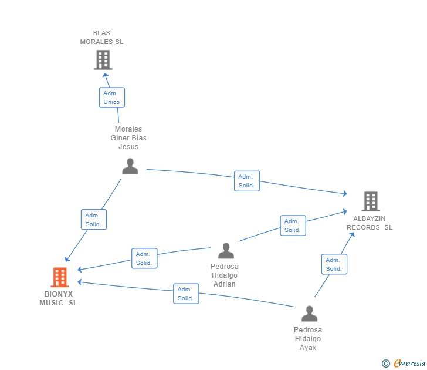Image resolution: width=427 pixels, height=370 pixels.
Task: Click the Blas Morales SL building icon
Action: coord(103,59)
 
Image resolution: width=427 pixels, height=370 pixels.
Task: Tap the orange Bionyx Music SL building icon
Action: coord(60,277)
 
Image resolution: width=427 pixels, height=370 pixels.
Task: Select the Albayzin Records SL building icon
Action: coord(370,201)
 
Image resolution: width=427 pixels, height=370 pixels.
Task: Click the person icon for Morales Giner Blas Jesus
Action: coord(130,166)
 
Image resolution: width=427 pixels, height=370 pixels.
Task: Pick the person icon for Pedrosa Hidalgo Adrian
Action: coord(226,251)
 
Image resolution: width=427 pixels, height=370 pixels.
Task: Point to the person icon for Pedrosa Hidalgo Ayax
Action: coord(309,314)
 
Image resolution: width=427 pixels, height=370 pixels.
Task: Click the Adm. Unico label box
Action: coord(111,97)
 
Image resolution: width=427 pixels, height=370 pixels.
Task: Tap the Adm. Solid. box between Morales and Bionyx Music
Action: coord(94,220)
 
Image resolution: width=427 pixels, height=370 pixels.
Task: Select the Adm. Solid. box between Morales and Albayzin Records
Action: coord(246,181)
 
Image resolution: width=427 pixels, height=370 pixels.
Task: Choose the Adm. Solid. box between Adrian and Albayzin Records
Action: coord(293,226)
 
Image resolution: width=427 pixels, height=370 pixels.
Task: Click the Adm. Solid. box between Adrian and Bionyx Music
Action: coord(144,258)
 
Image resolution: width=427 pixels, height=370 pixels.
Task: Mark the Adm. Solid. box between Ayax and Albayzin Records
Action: coord(334,264)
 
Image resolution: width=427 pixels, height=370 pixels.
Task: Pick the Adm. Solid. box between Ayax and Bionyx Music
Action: coord(186,294)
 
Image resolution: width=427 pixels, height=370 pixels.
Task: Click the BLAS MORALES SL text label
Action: coord(101,38)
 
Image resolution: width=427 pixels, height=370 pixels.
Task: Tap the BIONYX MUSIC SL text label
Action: coord(59,298)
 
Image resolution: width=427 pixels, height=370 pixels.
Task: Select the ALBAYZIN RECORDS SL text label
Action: coord(370,223)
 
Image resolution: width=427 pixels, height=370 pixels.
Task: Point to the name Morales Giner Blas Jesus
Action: coord(128,138)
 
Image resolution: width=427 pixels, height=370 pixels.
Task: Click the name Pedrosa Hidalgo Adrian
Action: coord(225,275)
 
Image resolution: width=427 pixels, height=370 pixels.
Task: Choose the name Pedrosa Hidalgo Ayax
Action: coord(308,339)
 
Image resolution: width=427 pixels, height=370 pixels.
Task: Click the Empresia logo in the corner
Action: coord(404,364)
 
